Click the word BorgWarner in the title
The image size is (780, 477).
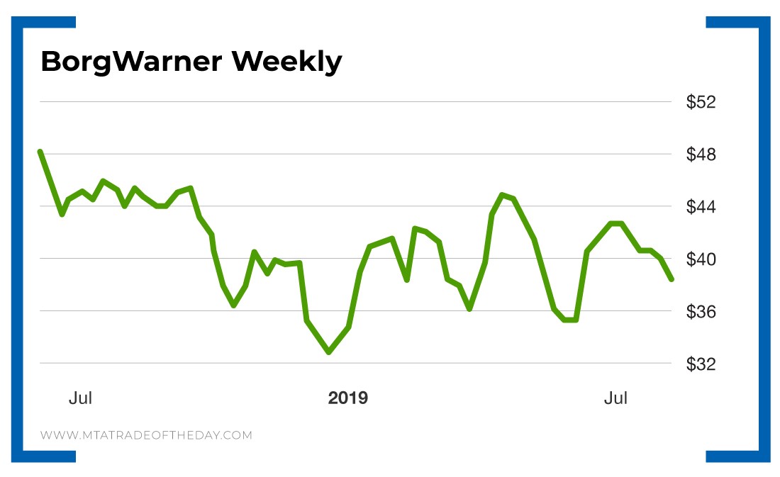point(131,62)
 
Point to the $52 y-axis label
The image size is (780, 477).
point(701,102)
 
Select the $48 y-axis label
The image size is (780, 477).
point(701,155)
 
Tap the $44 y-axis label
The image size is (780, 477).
point(701,207)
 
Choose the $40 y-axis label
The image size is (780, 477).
point(701,259)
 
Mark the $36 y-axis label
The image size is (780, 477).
point(701,312)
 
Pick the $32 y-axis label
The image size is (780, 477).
point(701,364)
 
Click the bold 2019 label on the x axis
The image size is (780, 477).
point(347,398)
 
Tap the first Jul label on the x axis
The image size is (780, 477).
point(80,398)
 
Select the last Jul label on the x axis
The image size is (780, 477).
point(615,398)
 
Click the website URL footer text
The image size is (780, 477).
point(146,435)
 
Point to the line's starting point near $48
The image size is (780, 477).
point(40,152)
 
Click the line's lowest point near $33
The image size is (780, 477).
point(328,352)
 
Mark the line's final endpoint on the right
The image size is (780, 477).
point(671,279)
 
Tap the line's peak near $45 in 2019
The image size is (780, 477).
point(502,195)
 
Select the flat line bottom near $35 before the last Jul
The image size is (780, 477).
point(570,320)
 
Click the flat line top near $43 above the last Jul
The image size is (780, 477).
point(616,223)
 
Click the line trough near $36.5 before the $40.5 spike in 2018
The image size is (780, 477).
point(233,305)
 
